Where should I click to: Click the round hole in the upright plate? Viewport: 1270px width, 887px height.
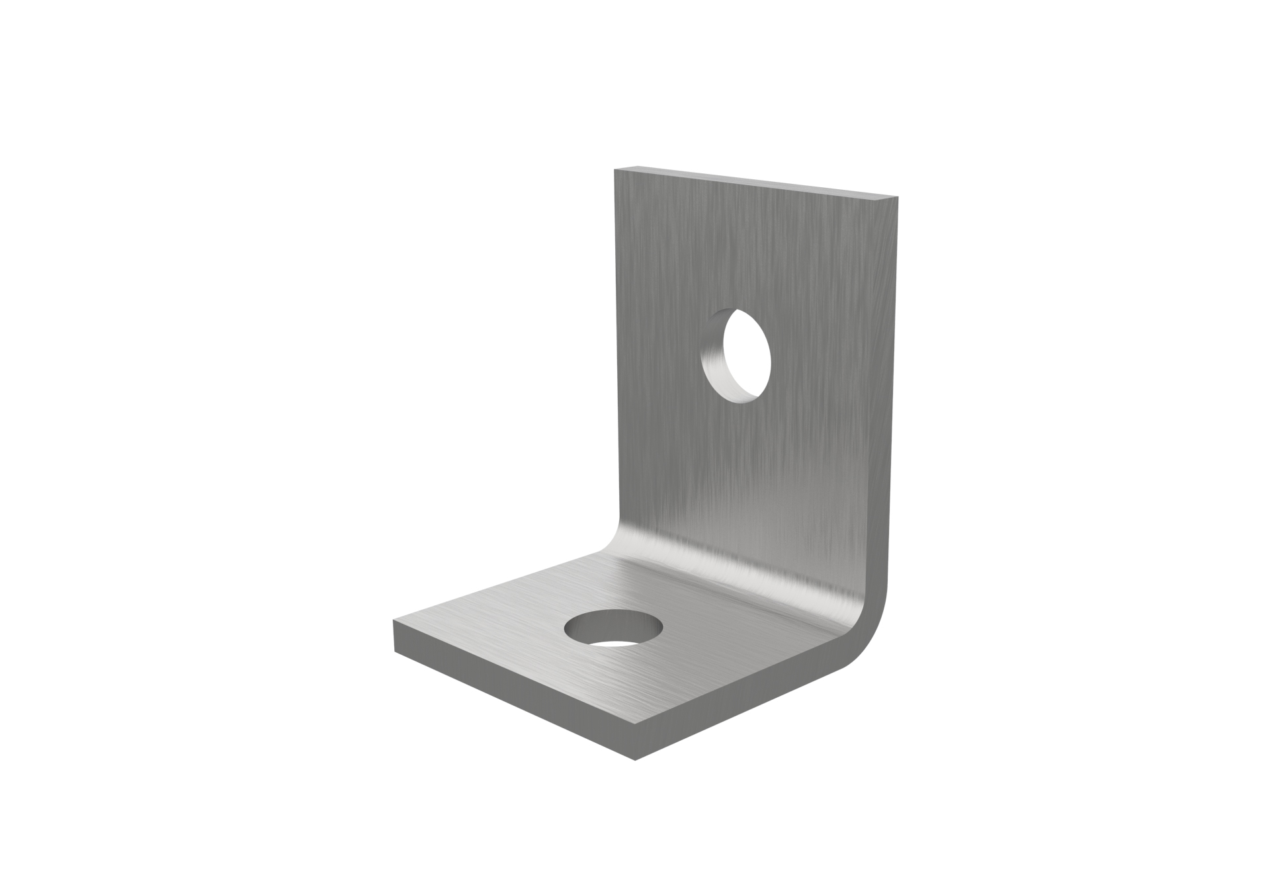[x=736, y=356]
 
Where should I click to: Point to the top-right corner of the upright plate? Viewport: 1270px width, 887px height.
[x=899, y=198]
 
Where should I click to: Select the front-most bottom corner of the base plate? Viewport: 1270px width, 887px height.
[x=634, y=759]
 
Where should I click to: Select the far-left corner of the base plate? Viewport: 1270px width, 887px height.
[x=394, y=622]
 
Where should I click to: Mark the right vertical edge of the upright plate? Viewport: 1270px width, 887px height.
[x=898, y=397]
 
